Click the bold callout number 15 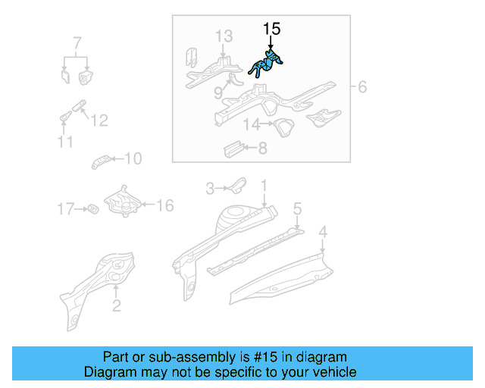coord(271,29)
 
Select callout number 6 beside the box coord(361,87)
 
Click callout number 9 coord(218,92)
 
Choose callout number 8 coord(262,149)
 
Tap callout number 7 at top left coord(77,41)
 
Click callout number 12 coord(99,120)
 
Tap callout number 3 coord(212,186)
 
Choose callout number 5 coord(298,208)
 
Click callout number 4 coord(323,232)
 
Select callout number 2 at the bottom coord(116,306)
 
